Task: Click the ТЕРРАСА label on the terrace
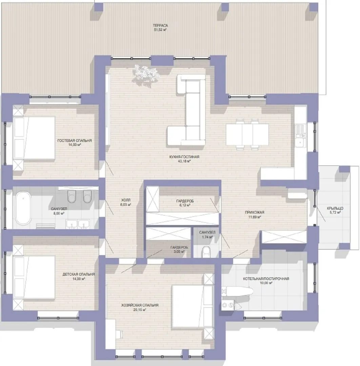pyautogui.click(x=160, y=25)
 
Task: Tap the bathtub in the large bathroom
pyautogui.click(x=23, y=208)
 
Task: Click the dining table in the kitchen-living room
pyautogui.click(x=247, y=135)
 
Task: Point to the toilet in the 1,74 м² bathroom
pyautogui.click(x=206, y=251)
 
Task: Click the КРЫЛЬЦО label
pyautogui.click(x=335, y=208)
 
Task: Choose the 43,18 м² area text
pyautogui.click(x=184, y=161)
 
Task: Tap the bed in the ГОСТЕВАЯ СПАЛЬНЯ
pyautogui.click(x=34, y=138)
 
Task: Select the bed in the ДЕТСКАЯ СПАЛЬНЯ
pyautogui.click(x=34, y=277)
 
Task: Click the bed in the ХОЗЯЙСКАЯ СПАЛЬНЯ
pyautogui.click(x=193, y=306)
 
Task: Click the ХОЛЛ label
pyautogui.click(x=126, y=200)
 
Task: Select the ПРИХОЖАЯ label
pyautogui.click(x=255, y=212)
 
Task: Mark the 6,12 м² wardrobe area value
pyautogui.click(x=185, y=205)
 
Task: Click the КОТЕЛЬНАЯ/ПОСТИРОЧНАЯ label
pyautogui.click(x=266, y=279)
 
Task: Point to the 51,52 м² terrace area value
pyautogui.click(x=160, y=30)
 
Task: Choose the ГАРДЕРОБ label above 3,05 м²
pyautogui.click(x=179, y=247)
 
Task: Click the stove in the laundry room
pyautogui.click(x=227, y=305)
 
